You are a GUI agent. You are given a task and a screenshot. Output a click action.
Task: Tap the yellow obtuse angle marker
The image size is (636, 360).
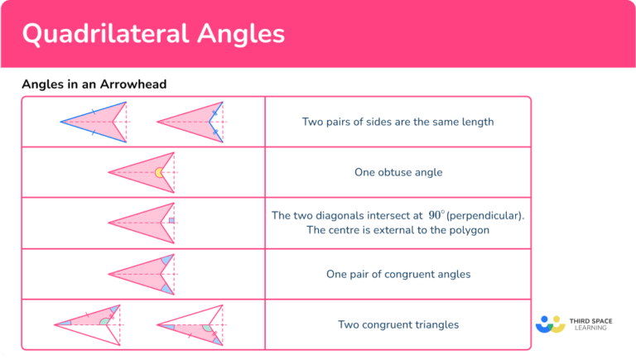[x=158, y=173]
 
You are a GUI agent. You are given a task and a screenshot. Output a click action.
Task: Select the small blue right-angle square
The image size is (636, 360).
[x=171, y=221]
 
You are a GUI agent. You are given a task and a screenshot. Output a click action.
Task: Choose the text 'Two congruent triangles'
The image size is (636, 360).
[x=397, y=324]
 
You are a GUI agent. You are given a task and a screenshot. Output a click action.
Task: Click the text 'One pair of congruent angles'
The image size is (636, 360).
[x=397, y=274]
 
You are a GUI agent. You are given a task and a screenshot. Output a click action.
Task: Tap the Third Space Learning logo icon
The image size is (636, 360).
[x=550, y=323]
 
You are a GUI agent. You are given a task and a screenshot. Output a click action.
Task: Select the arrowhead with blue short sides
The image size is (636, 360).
[x=190, y=122]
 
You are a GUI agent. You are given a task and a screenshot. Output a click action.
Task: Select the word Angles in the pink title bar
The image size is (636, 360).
[x=244, y=34]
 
